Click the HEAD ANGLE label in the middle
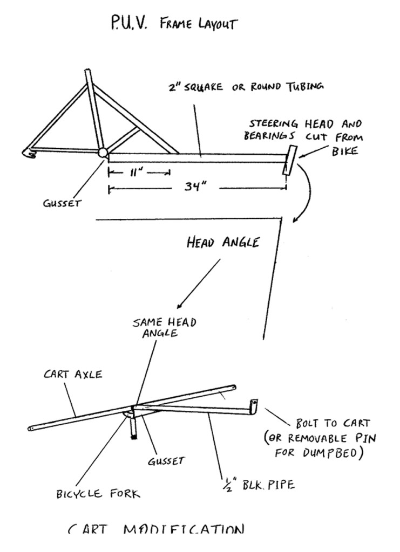coord(222,242)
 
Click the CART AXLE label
coord(73,374)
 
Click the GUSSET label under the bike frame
coord(63,204)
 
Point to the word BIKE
coord(344,151)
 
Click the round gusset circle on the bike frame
coord(102,153)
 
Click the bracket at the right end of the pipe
coord(253,407)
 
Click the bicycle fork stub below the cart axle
coord(132,429)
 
